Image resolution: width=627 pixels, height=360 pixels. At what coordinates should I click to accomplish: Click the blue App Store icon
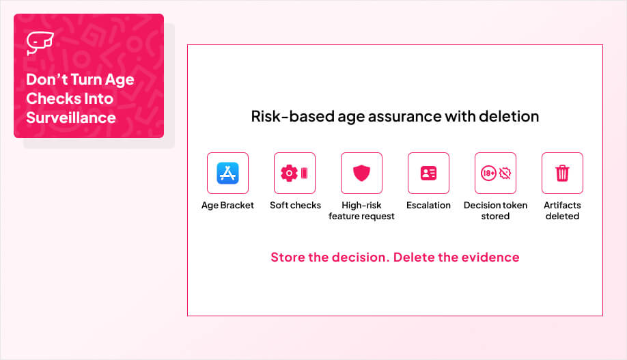[227, 174]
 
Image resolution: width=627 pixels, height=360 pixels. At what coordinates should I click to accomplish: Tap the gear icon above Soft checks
[289, 174]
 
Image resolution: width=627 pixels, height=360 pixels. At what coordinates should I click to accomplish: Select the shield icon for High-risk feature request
[361, 174]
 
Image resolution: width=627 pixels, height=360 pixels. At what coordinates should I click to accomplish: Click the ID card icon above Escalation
[428, 174]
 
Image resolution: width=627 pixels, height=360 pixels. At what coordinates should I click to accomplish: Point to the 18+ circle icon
[488, 174]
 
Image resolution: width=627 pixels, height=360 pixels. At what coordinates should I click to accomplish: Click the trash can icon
[562, 174]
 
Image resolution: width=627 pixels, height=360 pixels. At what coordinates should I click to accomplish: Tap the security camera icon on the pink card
[40, 42]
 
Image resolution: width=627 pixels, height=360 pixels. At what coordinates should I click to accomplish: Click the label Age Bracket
[227, 205]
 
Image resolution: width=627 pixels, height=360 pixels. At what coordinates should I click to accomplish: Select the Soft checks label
[295, 205]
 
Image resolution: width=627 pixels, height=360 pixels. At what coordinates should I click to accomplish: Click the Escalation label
[428, 205]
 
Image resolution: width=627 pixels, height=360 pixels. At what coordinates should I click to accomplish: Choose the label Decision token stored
[495, 210]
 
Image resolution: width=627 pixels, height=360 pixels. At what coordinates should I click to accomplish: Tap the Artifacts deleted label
[562, 210]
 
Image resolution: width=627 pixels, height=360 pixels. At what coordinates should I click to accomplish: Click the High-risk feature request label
[361, 211]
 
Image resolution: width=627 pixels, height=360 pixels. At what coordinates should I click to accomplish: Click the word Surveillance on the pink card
[71, 117]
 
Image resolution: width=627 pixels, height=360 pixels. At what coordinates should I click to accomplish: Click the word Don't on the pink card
[46, 79]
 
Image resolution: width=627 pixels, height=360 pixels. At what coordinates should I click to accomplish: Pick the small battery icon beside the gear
[305, 174]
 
